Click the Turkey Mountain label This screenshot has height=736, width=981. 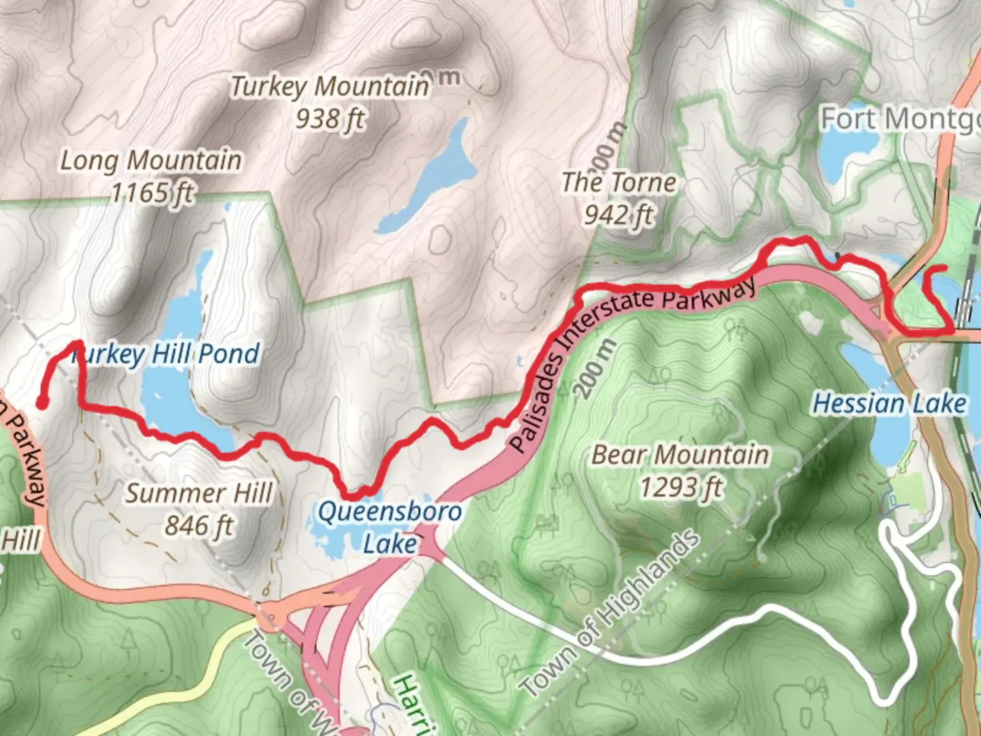pos(330,87)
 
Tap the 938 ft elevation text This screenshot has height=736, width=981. pos(330,119)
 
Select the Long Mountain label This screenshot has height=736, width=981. pos(151,161)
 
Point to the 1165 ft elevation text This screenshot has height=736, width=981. pos(152,193)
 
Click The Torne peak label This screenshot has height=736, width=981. pos(619,183)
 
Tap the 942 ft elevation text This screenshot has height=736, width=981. pos(619,215)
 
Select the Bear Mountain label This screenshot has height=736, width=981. pos(680,455)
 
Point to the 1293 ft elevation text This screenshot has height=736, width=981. pos(680,487)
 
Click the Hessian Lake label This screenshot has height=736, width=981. pos(889,403)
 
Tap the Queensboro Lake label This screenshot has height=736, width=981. pos(390,527)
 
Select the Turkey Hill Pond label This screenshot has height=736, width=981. pos(166,354)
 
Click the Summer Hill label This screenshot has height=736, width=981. pos(198,493)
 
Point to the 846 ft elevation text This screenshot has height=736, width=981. pos(198,526)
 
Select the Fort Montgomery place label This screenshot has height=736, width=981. pos(899,119)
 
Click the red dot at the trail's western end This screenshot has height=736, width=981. pos(41,403)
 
